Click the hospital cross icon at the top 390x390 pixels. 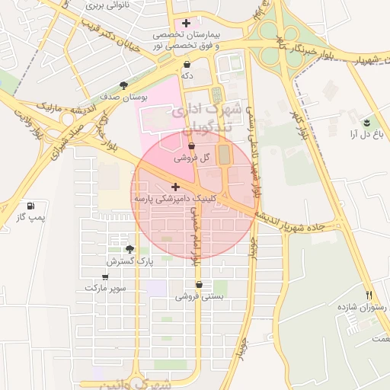click(x=186, y=23)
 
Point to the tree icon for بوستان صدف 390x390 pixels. click(x=124, y=86)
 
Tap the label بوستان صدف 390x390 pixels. click(x=123, y=97)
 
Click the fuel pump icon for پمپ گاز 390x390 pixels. click(x=30, y=206)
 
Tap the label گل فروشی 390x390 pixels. click(x=191, y=158)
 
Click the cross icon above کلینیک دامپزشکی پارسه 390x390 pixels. click(x=176, y=187)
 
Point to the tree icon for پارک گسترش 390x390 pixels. click(x=129, y=249)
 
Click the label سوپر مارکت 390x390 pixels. click(x=104, y=289)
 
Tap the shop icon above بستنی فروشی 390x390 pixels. click(x=199, y=285)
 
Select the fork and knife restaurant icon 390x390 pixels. click(x=369, y=295)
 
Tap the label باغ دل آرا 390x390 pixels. click(x=365, y=134)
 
